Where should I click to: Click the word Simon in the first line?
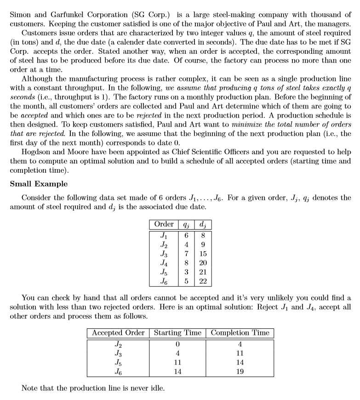20,14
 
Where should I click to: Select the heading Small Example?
39,184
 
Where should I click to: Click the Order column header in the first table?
164,225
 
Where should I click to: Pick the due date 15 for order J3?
203,254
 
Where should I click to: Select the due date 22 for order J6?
203,281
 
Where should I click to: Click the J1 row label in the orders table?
164,235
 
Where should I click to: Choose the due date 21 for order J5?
203,272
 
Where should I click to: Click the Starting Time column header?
177,333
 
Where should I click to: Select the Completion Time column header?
240,333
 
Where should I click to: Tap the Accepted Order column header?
118,333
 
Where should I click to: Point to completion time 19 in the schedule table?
240,372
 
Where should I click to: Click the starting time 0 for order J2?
177,344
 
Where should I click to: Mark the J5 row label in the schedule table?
118,362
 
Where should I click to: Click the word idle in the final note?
155,388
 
